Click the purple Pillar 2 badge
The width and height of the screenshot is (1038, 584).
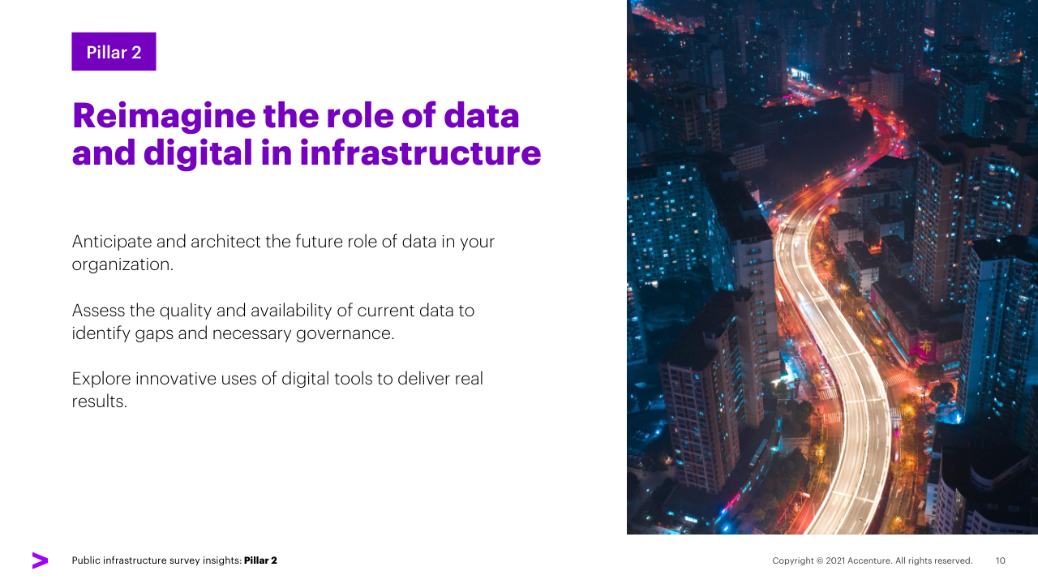pos(114,51)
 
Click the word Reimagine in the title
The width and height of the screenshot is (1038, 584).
pos(164,116)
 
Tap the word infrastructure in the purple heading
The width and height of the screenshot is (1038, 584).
pos(420,152)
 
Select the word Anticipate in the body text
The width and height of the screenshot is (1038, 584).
pos(112,242)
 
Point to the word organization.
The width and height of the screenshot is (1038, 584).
pos(122,264)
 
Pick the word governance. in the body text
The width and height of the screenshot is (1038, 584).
pos(345,333)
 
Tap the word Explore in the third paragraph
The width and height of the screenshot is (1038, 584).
pos(101,379)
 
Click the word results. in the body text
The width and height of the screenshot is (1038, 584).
pos(99,401)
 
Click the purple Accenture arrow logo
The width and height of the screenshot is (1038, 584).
pos(40,560)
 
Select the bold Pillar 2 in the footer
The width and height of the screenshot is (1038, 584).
pos(260,560)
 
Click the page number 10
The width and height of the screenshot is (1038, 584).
pos(1001,560)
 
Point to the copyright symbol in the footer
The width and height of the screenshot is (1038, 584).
pos(820,560)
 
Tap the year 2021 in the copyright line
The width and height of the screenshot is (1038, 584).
pos(835,560)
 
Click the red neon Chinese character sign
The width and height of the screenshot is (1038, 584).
pos(925,346)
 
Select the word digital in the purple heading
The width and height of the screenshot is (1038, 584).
pos(198,153)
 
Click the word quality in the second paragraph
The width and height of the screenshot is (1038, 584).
pos(186,311)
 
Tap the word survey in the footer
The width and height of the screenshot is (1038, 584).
pos(181,560)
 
